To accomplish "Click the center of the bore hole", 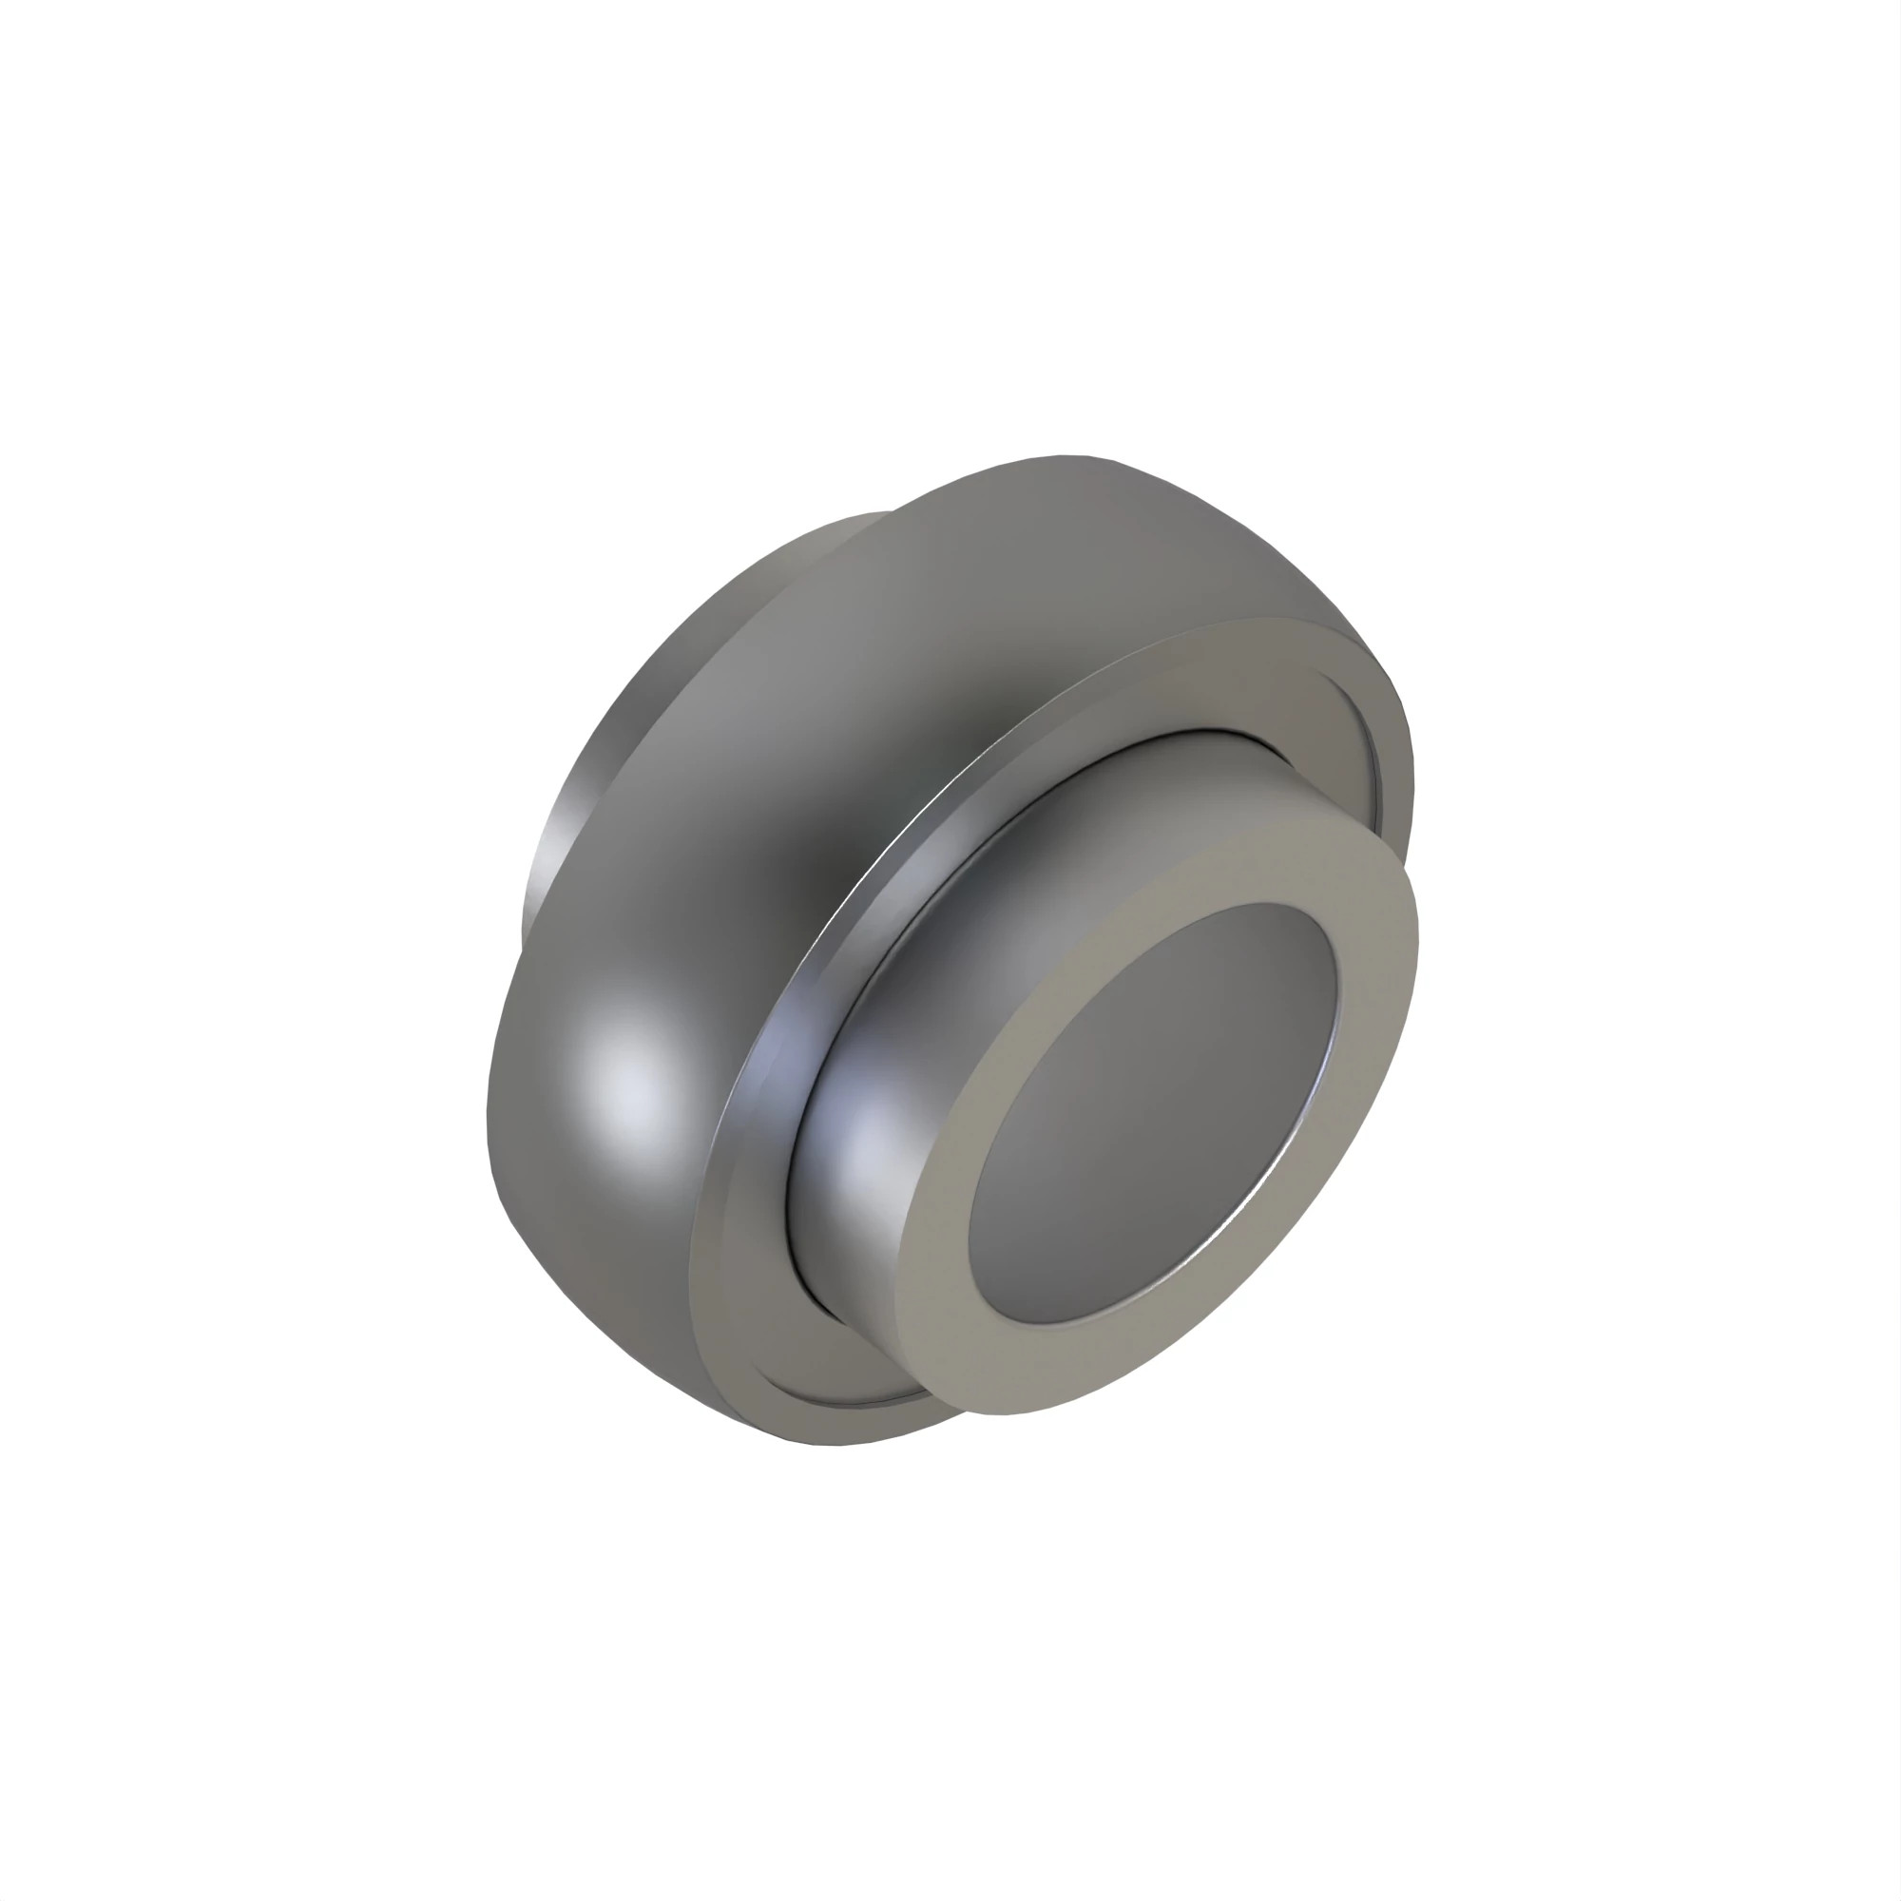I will tap(1153, 1112).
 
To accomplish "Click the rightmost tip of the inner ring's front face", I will tap(1417, 934).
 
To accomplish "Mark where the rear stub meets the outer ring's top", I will tap(891, 514).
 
